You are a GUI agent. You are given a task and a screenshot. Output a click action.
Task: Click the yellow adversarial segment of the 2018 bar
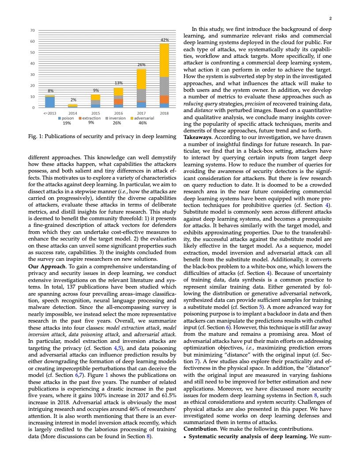click(x=164, y=60)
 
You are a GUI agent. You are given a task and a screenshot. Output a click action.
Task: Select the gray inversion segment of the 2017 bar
click(x=141, y=95)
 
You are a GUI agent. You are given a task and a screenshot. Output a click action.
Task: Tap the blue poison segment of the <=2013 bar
click(x=50, y=102)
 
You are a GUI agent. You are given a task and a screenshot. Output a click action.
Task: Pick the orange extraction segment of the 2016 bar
click(x=118, y=102)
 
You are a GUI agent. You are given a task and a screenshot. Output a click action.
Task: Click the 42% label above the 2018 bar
click(x=164, y=40)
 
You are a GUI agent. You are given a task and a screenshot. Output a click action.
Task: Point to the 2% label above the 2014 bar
click(x=73, y=100)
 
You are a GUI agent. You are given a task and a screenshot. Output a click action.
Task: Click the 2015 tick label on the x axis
click(x=95, y=113)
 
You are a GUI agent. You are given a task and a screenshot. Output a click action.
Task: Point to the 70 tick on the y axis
click(x=33, y=30)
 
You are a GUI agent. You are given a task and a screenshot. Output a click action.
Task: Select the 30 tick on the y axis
click(x=33, y=75)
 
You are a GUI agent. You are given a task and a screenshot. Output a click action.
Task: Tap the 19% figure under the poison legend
click(x=67, y=123)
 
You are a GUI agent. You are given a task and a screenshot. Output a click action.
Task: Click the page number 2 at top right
click(x=330, y=19)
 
